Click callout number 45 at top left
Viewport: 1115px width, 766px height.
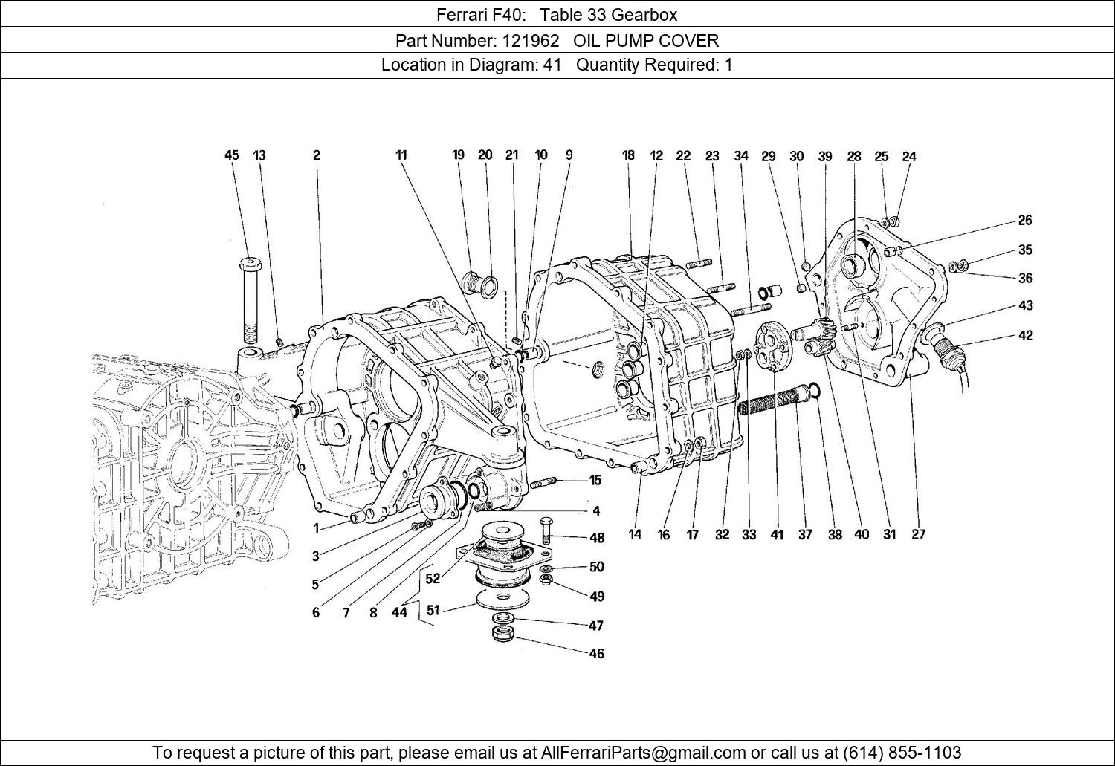[x=232, y=155]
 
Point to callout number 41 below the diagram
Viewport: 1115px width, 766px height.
[x=777, y=534]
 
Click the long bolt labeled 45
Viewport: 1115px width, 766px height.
[x=250, y=301]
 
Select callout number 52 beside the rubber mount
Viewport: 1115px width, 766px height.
[x=432, y=579]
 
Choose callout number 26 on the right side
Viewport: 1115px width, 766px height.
[x=1025, y=220]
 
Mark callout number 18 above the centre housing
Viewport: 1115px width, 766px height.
[x=628, y=155]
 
